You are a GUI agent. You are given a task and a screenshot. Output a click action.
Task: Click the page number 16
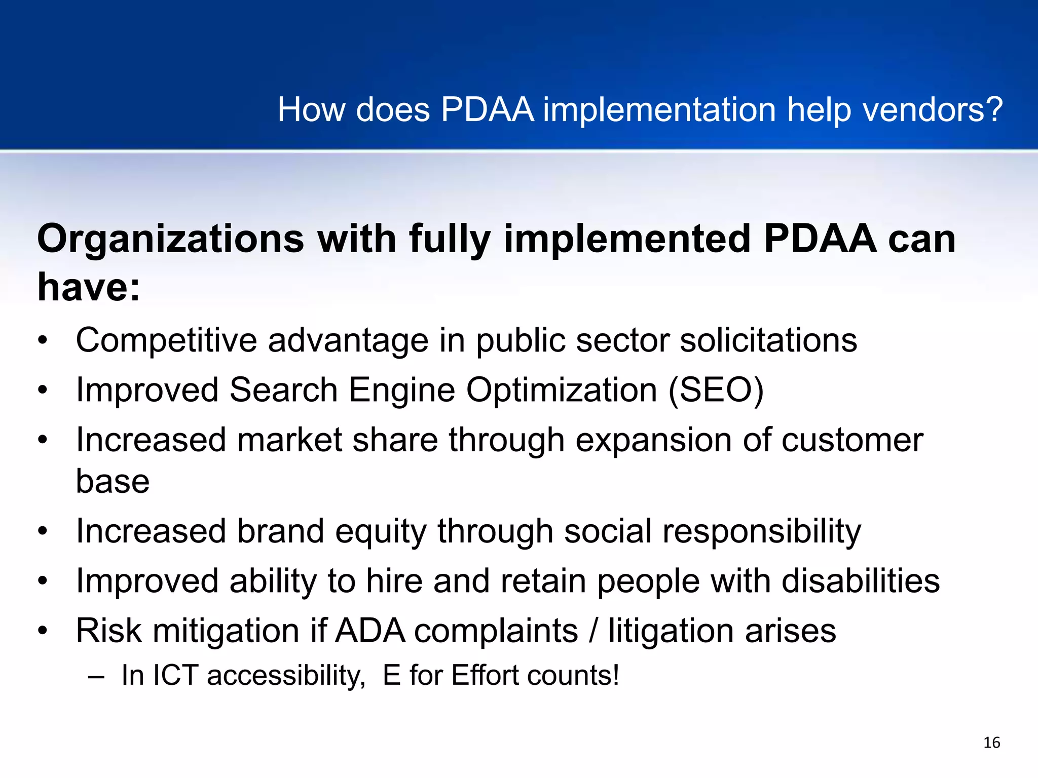coord(991,743)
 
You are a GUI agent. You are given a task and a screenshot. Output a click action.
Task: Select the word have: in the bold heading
coord(89,288)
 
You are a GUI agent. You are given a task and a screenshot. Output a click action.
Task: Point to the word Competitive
coord(166,340)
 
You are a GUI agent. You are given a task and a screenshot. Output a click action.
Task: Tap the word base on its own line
coord(113,481)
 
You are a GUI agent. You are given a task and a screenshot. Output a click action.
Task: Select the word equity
coord(381,532)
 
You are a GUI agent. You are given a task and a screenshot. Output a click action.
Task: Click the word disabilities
coord(861,581)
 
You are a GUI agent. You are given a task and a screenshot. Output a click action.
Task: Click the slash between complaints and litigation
coord(593,631)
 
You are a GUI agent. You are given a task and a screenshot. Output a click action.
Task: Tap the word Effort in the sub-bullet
coord(485,676)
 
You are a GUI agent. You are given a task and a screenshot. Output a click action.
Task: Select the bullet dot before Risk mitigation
coord(43,631)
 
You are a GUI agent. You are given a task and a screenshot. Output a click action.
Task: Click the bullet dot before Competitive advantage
coord(43,341)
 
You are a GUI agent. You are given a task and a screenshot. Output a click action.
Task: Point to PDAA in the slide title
coord(487,110)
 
